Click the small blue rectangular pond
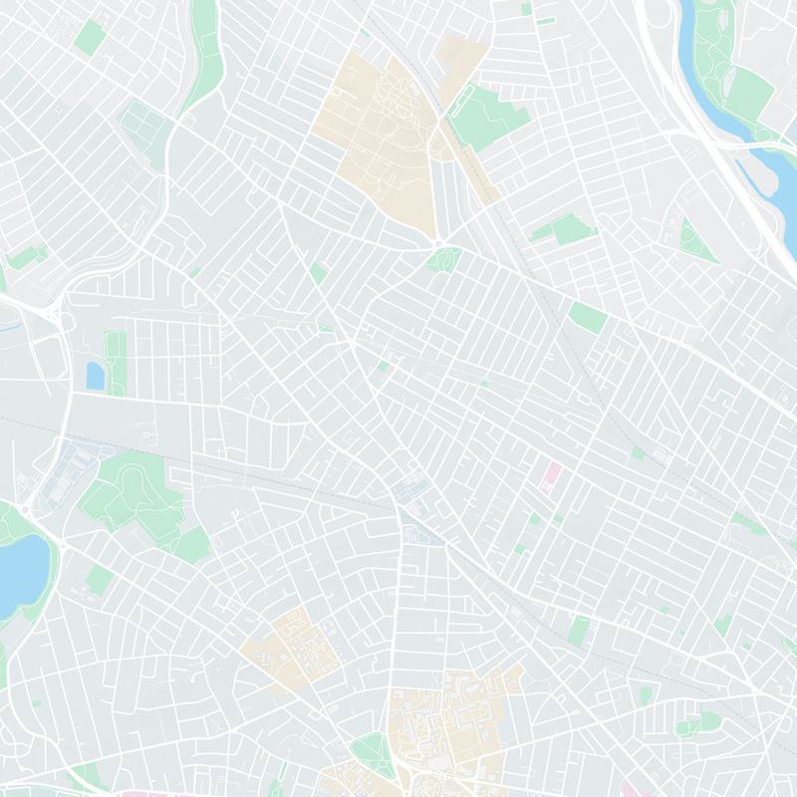tap(96, 376)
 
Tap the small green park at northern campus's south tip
tap(444, 261)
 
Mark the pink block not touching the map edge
tap(550, 475)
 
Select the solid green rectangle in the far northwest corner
tap(90, 38)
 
